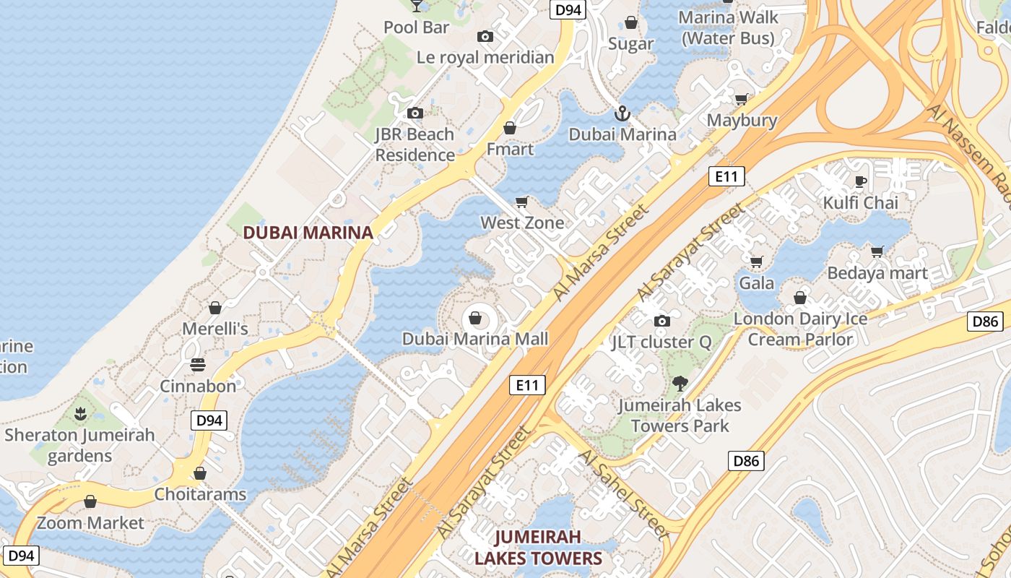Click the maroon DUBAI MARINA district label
(308, 233)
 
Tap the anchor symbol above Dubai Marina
(622, 113)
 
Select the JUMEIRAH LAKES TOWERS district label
(538, 548)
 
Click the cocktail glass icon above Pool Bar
(417, 5)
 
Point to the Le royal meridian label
(485, 57)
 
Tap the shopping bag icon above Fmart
(510, 129)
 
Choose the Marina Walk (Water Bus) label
(728, 27)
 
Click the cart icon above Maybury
(741, 99)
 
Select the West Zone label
(522, 223)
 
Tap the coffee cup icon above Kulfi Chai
(860, 181)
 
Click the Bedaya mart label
(877, 273)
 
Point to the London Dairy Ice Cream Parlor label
(801, 329)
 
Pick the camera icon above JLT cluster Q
(661, 321)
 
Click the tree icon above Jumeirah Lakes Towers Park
(680, 384)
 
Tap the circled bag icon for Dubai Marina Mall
(475, 318)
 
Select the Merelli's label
(215, 329)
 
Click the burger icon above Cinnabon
(198, 365)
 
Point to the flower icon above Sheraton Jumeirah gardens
(79, 414)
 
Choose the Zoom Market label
(90, 522)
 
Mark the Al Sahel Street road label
(622, 494)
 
